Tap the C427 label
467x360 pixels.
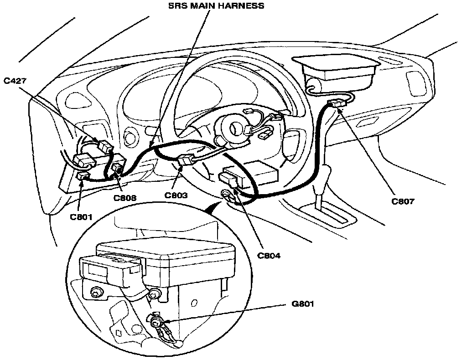click(15, 81)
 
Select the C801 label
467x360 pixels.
click(82, 216)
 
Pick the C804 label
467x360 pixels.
click(269, 255)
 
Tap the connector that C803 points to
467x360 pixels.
click(186, 160)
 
